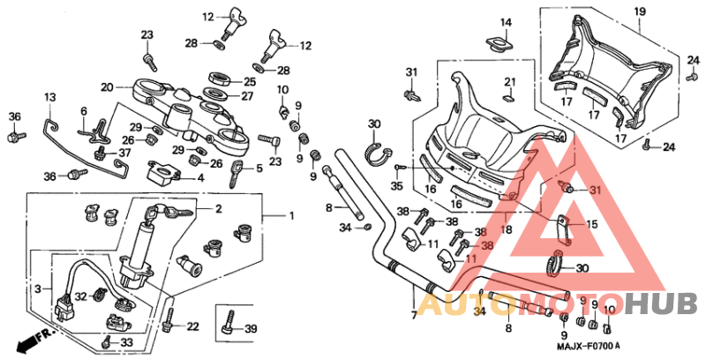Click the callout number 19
[x=641, y=11]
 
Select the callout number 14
[x=507, y=22]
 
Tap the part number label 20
[x=107, y=87]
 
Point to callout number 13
[x=50, y=96]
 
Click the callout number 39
[x=251, y=329]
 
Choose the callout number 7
[x=413, y=313]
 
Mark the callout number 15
[x=591, y=225]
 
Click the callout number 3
[x=38, y=288]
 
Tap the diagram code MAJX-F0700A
[x=589, y=345]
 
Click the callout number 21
[x=509, y=82]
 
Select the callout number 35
[x=397, y=186]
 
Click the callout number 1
[x=292, y=215]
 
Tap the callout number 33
[x=126, y=342]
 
